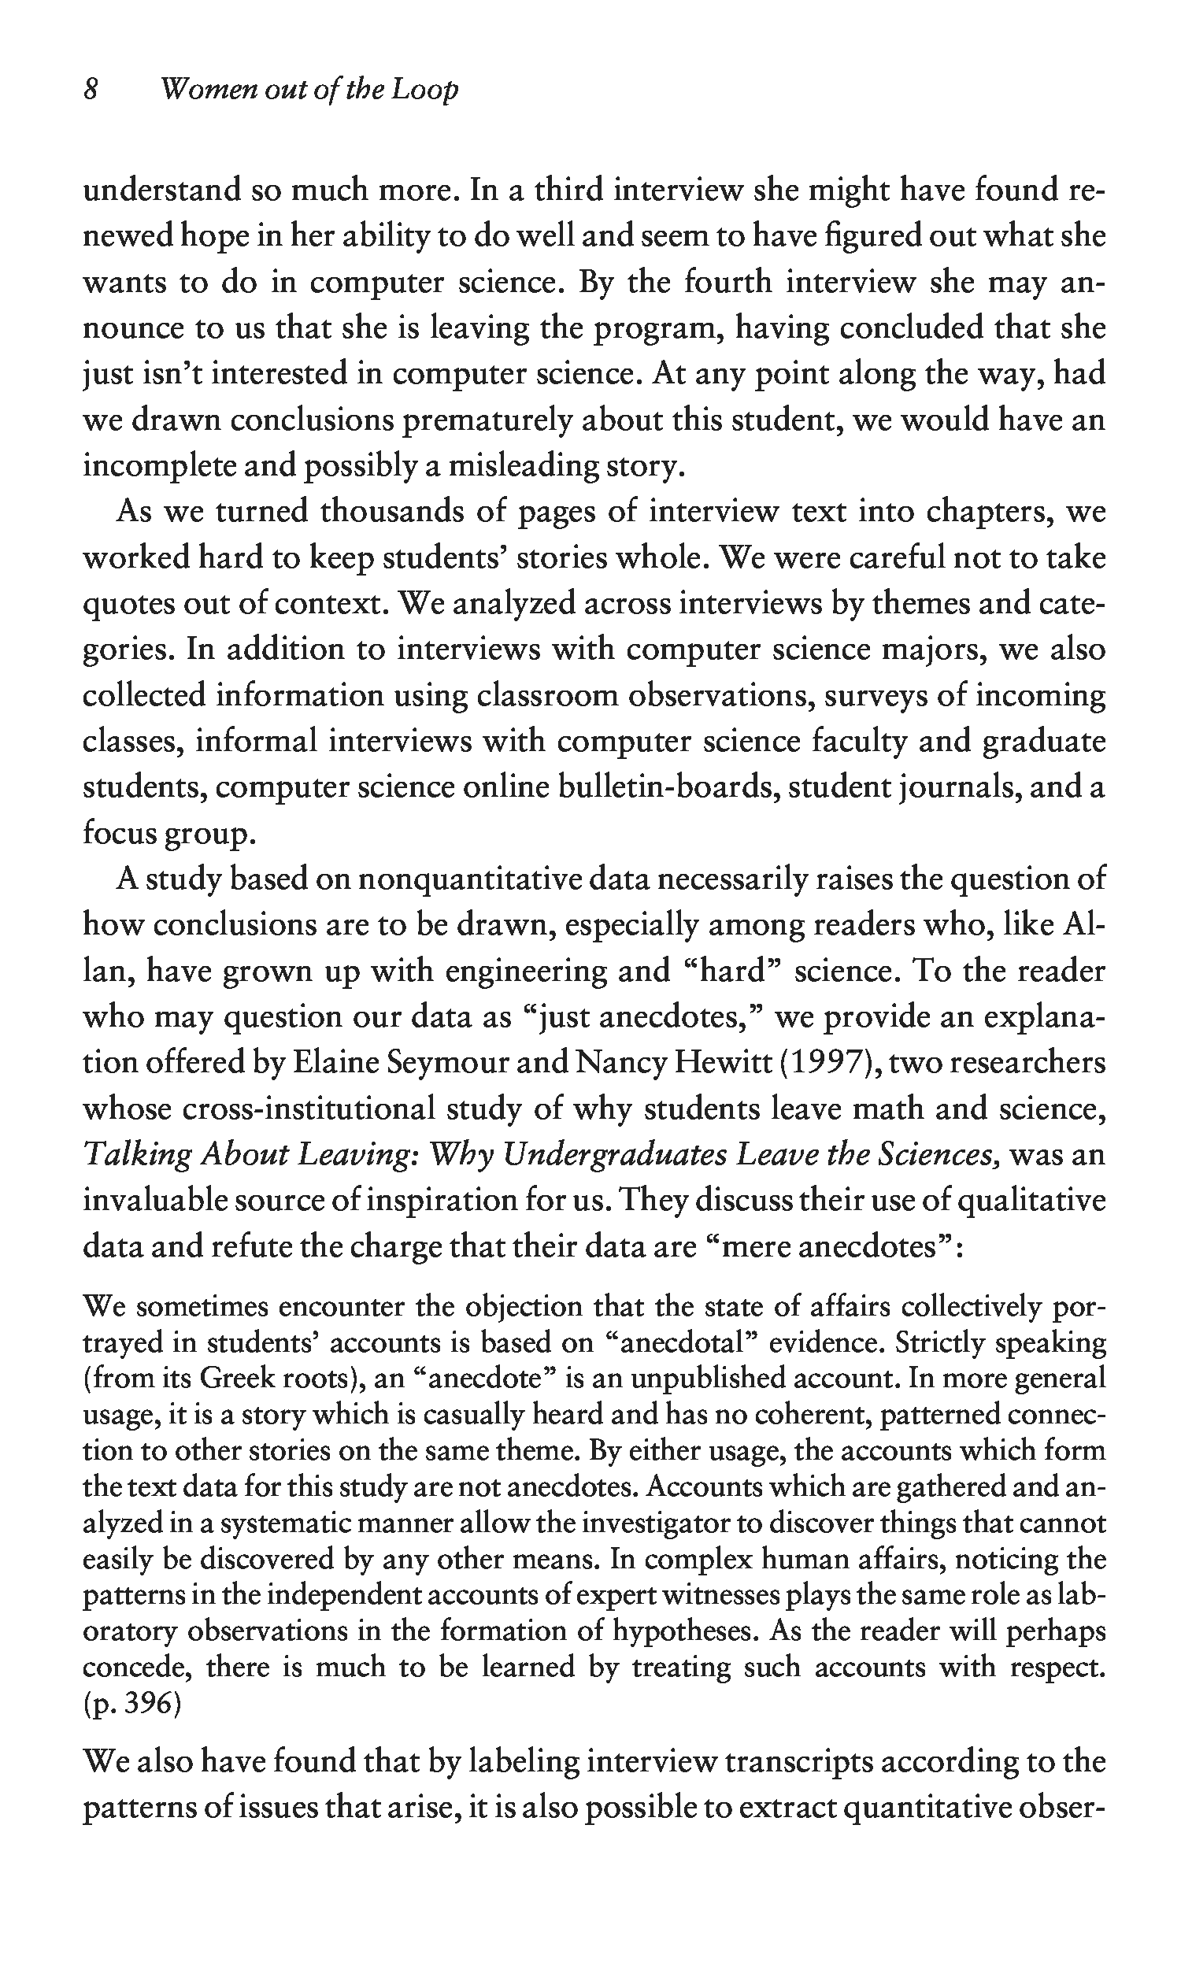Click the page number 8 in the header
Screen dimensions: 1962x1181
pos(90,89)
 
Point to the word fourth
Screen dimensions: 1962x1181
pos(728,283)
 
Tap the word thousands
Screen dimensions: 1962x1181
pos(392,512)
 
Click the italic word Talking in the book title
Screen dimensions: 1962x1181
pos(136,1155)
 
